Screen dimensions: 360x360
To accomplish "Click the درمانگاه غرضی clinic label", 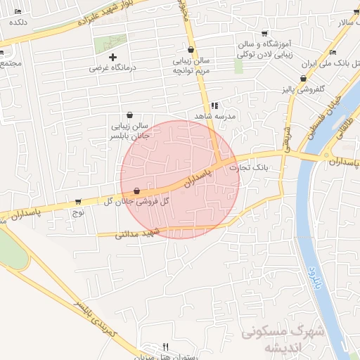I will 110,69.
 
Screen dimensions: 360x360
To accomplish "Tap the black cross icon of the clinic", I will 112,56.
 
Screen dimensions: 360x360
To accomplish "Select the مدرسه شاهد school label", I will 214,115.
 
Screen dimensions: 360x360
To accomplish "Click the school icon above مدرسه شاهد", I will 214,105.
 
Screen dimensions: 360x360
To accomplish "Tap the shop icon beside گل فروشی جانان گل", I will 136,191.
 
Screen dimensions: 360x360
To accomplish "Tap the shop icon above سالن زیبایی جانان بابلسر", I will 130,115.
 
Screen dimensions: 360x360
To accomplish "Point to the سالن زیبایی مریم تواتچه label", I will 193,65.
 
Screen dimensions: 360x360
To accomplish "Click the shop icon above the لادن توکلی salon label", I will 264,33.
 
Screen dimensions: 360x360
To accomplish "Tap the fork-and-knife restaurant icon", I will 165,346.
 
